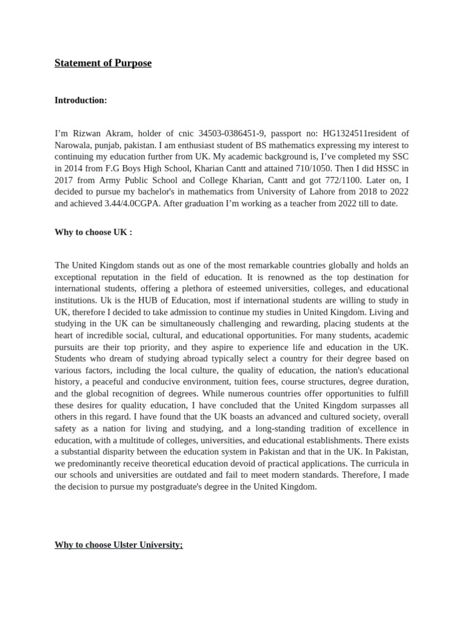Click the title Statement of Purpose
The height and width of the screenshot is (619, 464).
(103, 63)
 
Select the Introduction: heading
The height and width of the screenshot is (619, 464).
(80, 100)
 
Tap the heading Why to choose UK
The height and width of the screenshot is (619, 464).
(93, 232)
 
